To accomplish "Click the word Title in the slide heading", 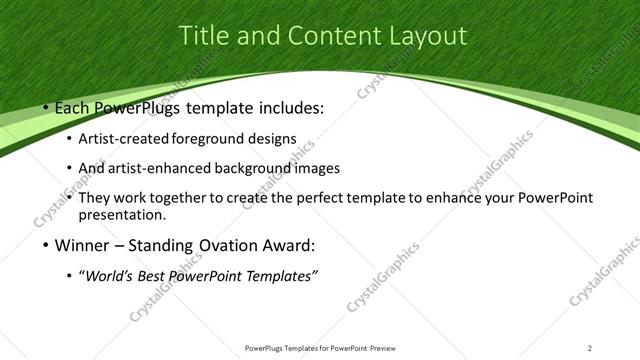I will point(204,36).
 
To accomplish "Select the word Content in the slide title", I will point(325,36).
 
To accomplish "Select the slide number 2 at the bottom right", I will point(590,348).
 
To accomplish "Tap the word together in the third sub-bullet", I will point(176,198).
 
